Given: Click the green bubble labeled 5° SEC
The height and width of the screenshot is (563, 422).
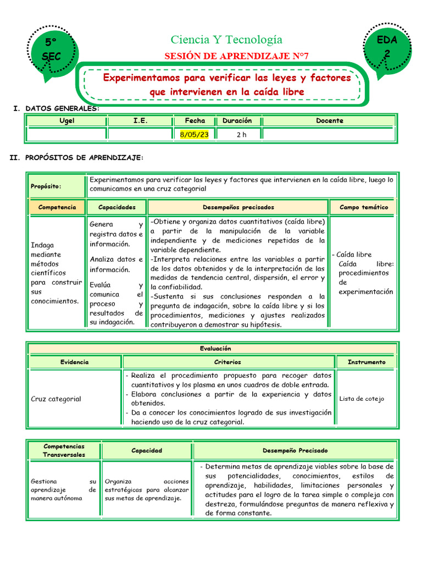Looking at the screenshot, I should (52, 49).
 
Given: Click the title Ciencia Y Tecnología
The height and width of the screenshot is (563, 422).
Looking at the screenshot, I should (226, 40).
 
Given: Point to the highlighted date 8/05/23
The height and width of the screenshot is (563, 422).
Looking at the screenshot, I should (195, 135).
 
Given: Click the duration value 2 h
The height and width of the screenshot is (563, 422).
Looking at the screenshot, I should (241, 135).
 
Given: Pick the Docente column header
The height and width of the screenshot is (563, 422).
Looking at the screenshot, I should (329, 121).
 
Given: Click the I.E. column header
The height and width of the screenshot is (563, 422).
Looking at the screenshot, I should (140, 121).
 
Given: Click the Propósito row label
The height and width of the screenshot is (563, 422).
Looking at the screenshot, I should (46, 186).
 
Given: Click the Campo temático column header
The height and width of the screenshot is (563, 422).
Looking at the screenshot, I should (363, 207).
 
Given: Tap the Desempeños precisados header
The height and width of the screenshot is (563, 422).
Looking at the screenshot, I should (238, 207).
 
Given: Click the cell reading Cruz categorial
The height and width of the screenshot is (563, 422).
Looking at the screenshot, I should (55, 399).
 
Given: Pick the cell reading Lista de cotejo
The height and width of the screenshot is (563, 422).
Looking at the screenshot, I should (362, 399).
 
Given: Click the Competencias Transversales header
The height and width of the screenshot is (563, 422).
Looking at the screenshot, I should (64, 450).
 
